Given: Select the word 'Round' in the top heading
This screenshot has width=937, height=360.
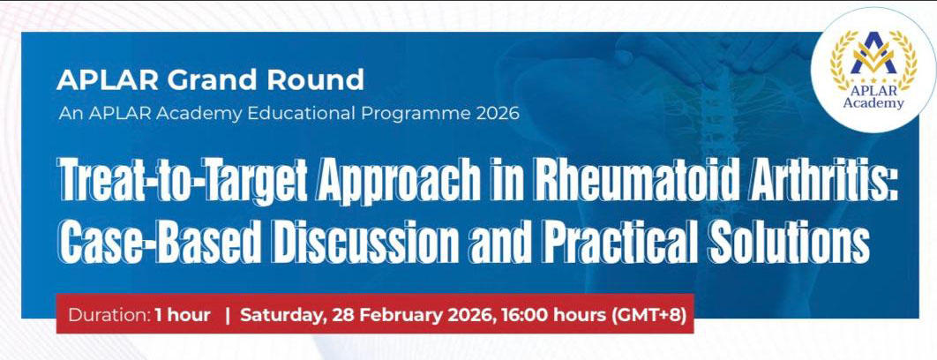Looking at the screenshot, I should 323,80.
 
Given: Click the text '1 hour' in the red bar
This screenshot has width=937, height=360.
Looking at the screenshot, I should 184,315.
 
